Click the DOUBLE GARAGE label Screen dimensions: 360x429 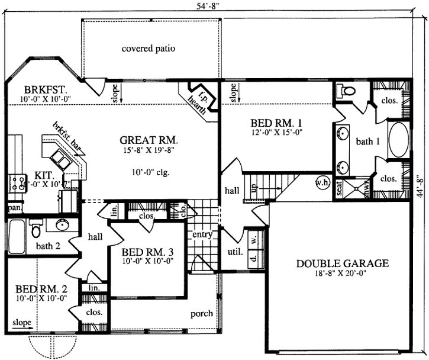343,263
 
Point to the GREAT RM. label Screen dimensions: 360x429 149,140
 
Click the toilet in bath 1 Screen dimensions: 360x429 346,91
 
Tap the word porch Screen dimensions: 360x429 202,314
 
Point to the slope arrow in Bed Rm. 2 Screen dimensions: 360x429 22,324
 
